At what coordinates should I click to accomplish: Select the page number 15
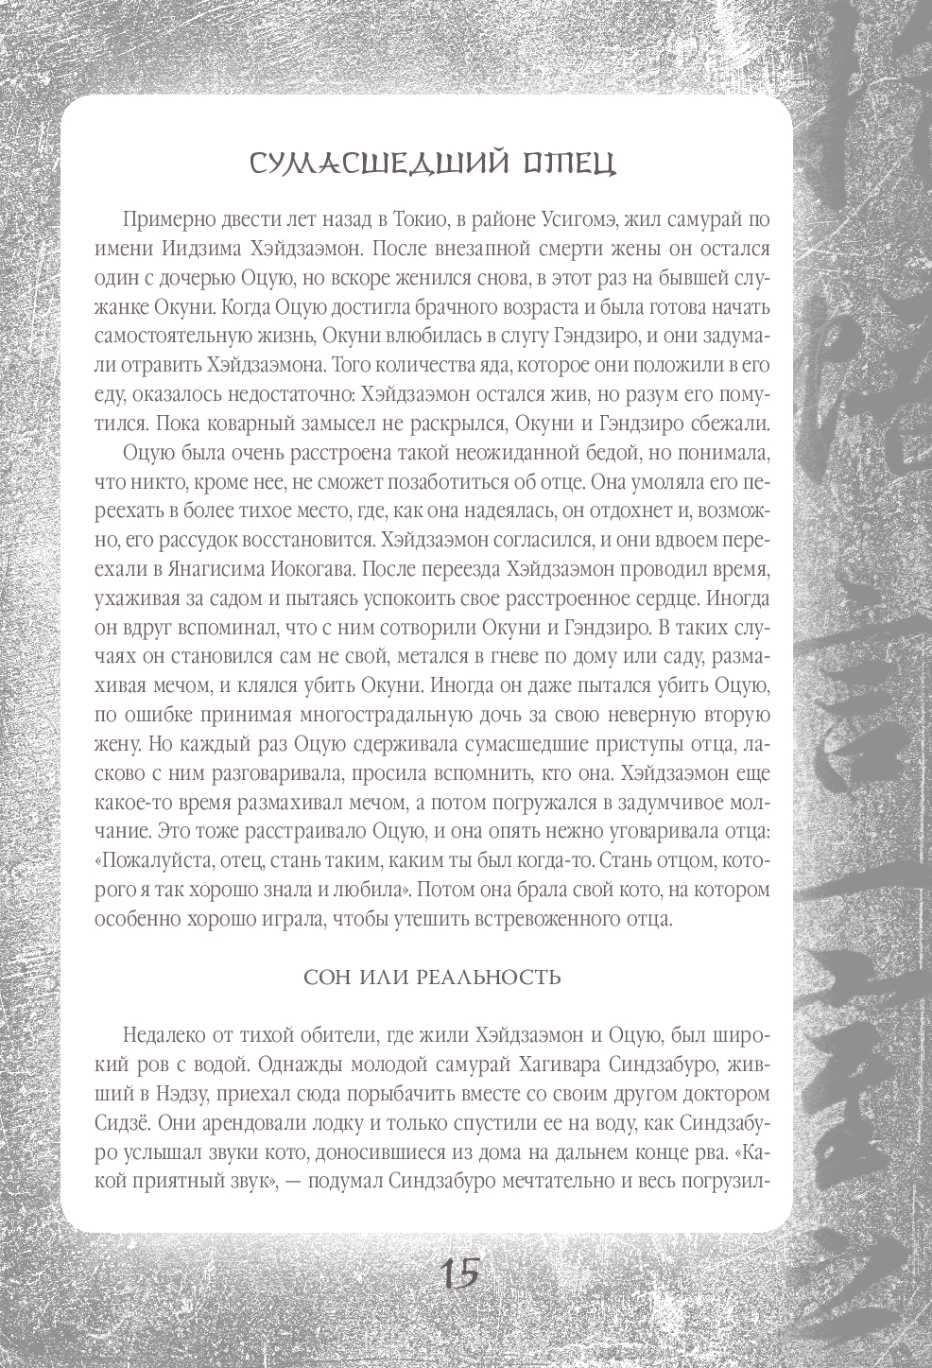click(460, 1273)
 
